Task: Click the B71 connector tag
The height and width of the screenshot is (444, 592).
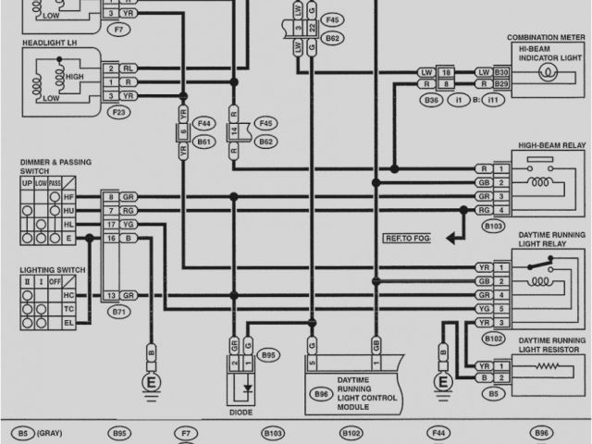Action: [117, 313]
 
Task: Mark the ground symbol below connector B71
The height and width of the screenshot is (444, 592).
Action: [148, 382]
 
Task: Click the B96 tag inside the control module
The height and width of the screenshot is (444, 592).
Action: [321, 393]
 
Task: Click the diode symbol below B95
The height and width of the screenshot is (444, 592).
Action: [245, 382]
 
